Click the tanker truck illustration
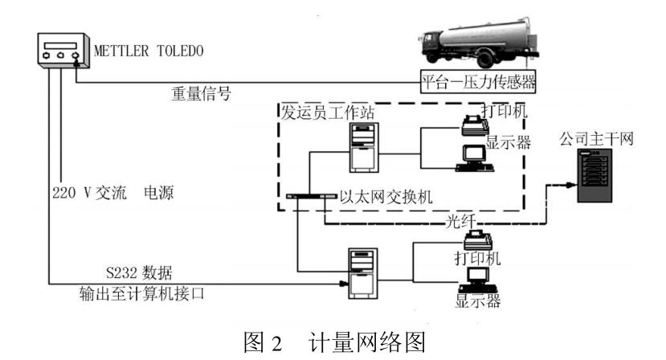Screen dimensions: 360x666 pyautogui.click(x=474, y=47)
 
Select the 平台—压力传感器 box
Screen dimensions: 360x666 pyautogui.click(x=480, y=81)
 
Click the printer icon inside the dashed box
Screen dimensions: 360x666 pyautogui.click(x=474, y=123)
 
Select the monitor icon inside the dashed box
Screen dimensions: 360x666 pyautogui.click(x=472, y=158)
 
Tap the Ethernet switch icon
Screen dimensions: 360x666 pyautogui.click(x=310, y=196)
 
